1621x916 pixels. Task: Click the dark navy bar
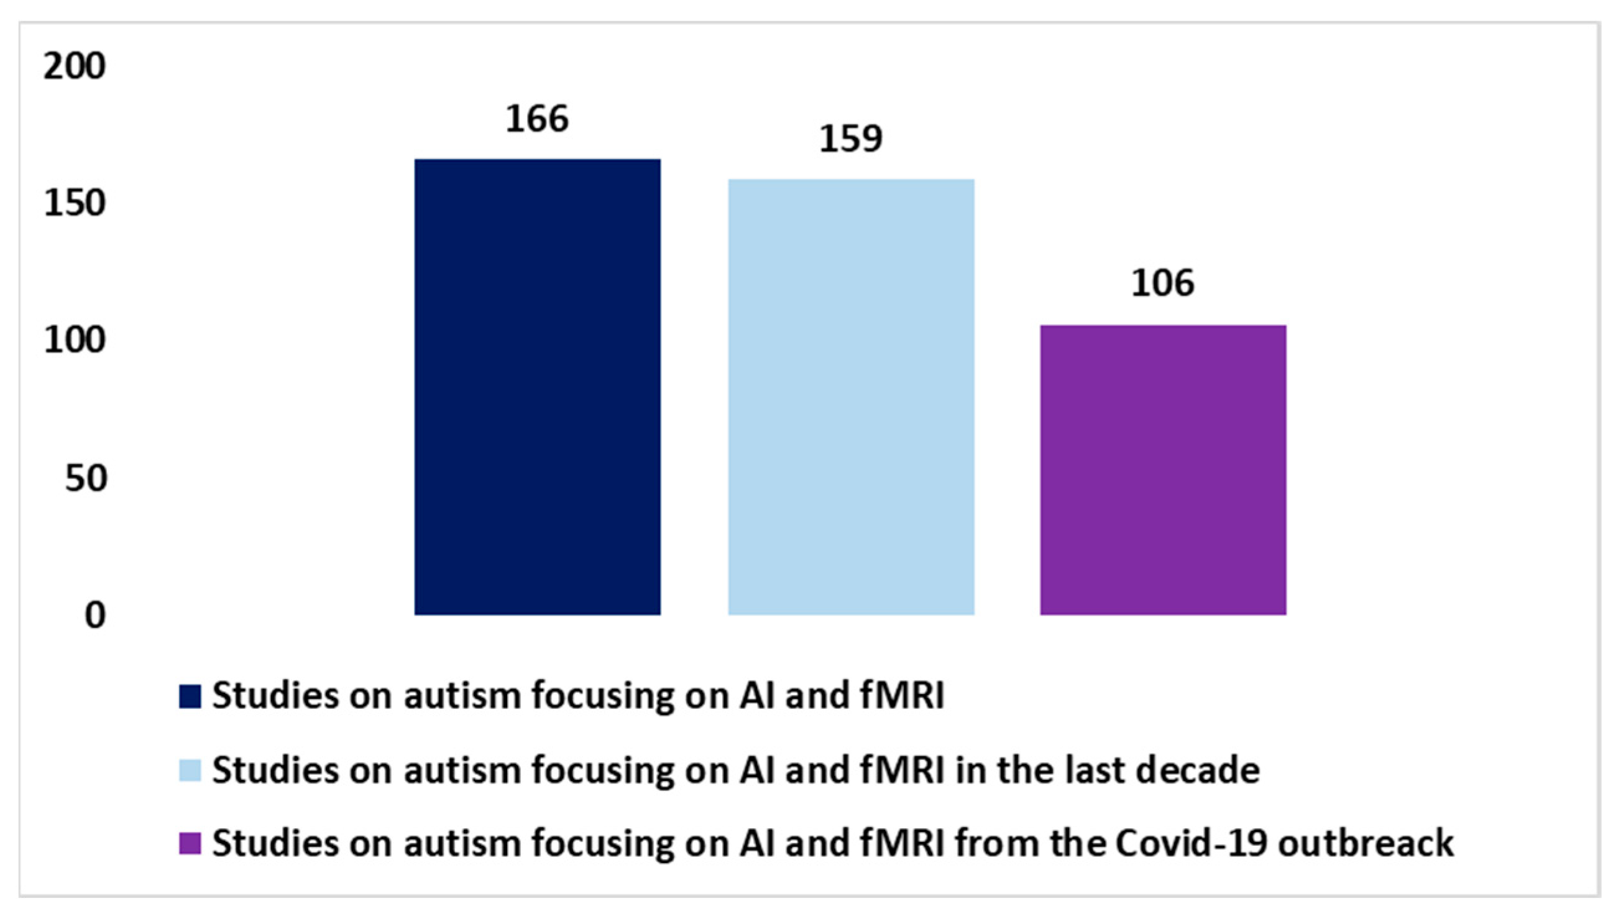pyautogui.click(x=538, y=387)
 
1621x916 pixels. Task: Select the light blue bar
pyautogui.click(x=852, y=397)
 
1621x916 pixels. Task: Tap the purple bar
pyautogui.click(x=1163, y=470)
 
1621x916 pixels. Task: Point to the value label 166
pyautogui.click(x=538, y=119)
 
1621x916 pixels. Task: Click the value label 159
pyautogui.click(x=851, y=139)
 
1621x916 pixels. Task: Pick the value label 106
pyautogui.click(x=1163, y=284)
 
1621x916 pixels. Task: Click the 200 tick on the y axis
pyautogui.click(x=74, y=66)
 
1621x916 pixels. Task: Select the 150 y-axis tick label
pyautogui.click(x=74, y=203)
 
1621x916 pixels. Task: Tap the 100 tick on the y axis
pyautogui.click(x=74, y=341)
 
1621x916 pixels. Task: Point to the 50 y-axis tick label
pyautogui.click(x=86, y=478)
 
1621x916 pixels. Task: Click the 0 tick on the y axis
pyautogui.click(x=95, y=615)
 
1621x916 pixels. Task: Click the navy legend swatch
pyautogui.click(x=190, y=697)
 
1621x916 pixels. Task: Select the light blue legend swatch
pyautogui.click(x=190, y=770)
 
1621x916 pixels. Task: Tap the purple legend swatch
pyautogui.click(x=190, y=844)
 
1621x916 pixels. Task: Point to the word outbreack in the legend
pyautogui.click(x=1366, y=843)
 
